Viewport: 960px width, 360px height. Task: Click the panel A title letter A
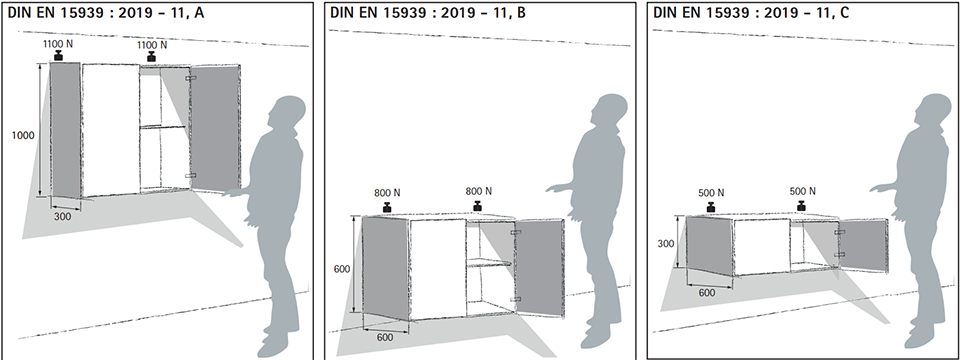tap(199, 13)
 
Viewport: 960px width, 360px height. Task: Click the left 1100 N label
tap(58, 44)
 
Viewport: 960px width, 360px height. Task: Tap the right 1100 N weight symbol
tap(151, 56)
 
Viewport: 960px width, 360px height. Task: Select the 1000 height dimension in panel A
tap(23, 135)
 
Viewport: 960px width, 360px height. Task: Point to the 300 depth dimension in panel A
tap(62, 216)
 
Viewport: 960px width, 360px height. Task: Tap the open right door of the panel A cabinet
tap(215, 129)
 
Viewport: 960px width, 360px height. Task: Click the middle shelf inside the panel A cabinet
tap(162, 127)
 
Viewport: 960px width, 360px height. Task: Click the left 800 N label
tap(387, 192)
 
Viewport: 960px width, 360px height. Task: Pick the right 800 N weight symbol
tap(478, 205)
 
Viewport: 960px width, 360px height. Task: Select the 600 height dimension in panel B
tap(342, 269)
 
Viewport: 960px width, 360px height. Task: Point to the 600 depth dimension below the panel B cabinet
tap(384, 337)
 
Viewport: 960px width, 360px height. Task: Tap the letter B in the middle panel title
tap(521, 13)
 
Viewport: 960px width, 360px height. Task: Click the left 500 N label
tap(711, 192)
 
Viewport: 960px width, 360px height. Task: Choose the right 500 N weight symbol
tap(801, 205)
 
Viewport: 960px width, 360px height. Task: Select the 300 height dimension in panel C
tap(666, 244)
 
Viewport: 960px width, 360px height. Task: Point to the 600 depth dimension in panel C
tap(707, 293)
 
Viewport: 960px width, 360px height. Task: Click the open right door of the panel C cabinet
tap(863, 246)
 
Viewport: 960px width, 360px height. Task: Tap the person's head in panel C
tap(934, 113)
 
